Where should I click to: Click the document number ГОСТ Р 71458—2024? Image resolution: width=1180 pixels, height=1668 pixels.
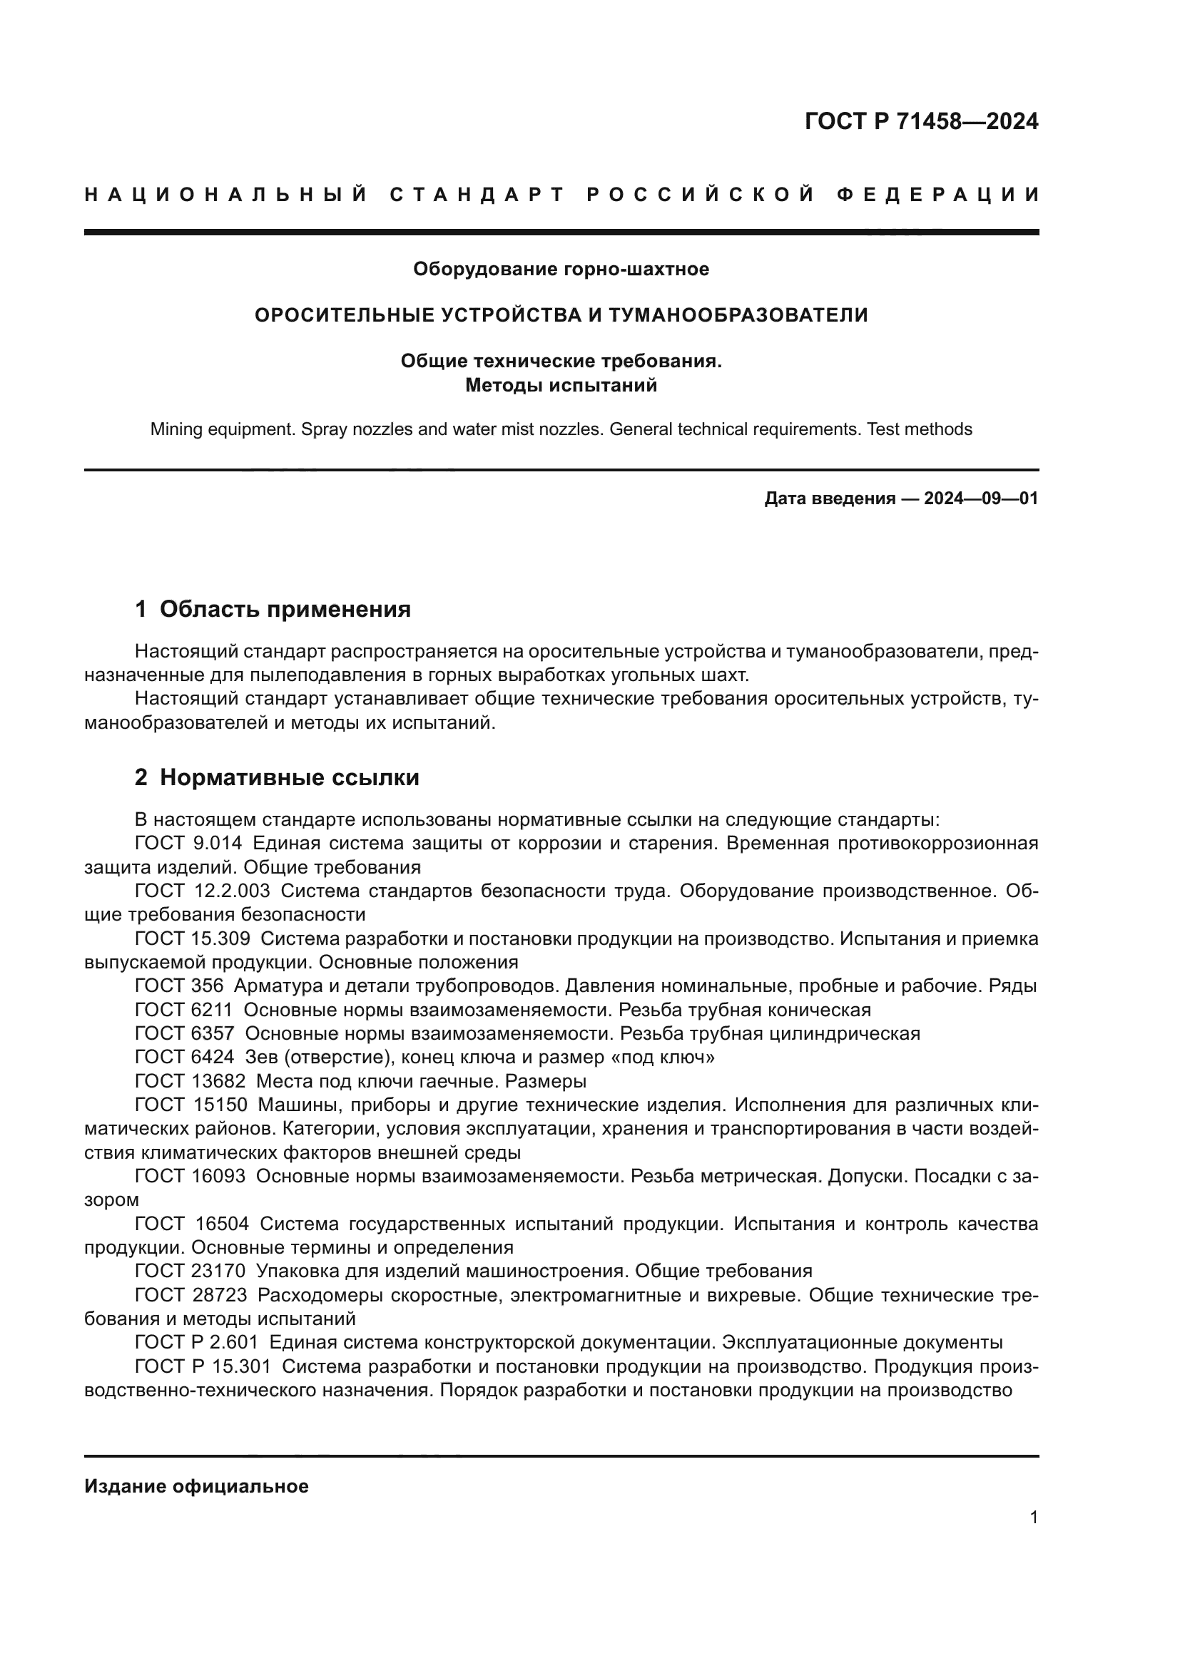point(921,121)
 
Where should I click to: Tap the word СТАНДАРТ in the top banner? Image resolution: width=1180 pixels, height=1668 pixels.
point(477,195)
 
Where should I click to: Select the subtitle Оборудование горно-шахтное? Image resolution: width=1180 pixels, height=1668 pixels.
point(561,270)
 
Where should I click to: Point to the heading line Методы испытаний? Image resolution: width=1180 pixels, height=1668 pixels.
point(561,385)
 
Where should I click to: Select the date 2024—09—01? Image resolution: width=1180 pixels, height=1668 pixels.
point(981,498)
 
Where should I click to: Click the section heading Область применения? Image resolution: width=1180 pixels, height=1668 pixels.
point(285,609)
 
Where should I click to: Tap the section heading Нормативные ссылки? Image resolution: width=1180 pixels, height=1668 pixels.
point(289,777)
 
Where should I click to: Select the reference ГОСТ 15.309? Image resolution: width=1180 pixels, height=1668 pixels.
point(193,938)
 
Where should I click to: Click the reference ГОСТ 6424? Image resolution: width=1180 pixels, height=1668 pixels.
point(185,1057)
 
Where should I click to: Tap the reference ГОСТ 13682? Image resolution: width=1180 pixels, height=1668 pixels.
point(190,1081)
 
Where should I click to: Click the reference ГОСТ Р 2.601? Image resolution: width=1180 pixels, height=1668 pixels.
point(196,1342)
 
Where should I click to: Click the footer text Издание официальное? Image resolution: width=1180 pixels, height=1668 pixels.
point(196,1486)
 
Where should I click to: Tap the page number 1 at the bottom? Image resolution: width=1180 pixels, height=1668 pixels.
point(1034,1518)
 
